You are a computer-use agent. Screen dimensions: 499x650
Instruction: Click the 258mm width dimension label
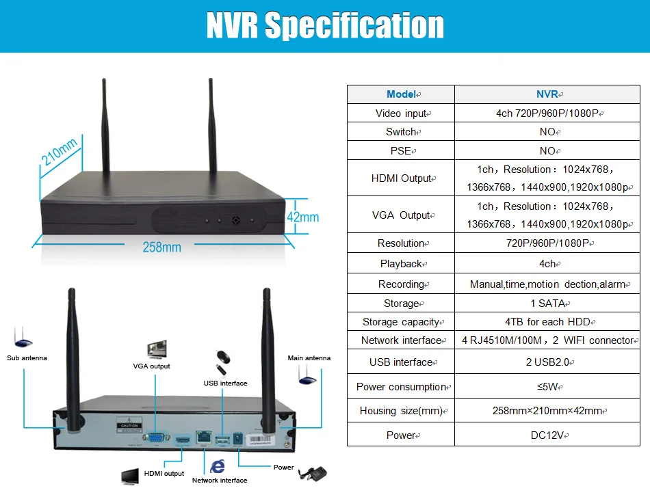[x=161, y=247]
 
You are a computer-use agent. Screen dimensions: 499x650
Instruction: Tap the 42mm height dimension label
[x=302, y=217]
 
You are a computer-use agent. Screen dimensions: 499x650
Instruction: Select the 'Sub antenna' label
[x=27, y=358]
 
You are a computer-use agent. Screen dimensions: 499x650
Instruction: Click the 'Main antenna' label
[x=309, y=358]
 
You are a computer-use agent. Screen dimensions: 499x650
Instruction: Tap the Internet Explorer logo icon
[x=218, y=466]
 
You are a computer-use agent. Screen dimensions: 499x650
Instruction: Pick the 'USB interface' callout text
[x=225, y=383]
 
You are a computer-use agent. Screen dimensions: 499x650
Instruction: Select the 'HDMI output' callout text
[x=164, y=474]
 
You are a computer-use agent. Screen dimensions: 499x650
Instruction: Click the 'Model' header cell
[x=401, y=94]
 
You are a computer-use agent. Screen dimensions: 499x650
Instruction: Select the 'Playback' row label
[x=401, y=264]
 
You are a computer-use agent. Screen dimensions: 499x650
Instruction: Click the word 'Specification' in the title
[x=354, y=26]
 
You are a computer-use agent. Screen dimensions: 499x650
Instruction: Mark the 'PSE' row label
[x=401, y=150]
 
